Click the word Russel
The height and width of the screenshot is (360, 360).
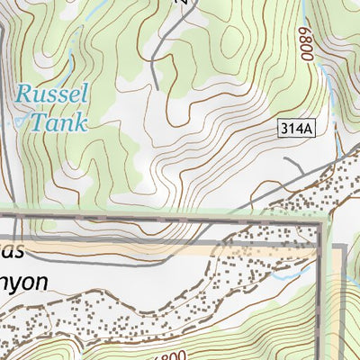click(52, 94)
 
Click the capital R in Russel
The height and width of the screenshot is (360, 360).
click(24, 94)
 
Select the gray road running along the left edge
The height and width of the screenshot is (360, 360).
click(3, 135)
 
